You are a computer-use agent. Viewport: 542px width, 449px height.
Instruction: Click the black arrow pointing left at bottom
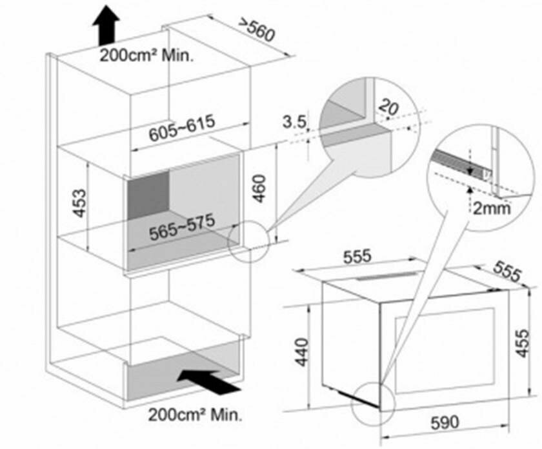pyautogui.click(x=207, y=382)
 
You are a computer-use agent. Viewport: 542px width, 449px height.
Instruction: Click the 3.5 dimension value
pyautogui.click(x=292, y=121)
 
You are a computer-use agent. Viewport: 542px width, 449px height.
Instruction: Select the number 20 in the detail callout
pyautogui.click(x=388, y=107)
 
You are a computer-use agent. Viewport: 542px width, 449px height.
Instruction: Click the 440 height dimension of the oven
pyautogui.click(x=303, y=352)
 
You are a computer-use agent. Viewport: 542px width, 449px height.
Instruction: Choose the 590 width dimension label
pyautogui.click(x=445, y=423)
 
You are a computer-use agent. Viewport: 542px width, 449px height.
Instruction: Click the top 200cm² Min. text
pyautogui.click(x=147, y=55)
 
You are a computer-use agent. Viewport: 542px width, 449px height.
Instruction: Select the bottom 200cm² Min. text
pyautogui.click(x=196, y=414)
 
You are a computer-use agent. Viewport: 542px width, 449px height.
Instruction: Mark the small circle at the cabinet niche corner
pyautogui.click(x=248, y=244)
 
